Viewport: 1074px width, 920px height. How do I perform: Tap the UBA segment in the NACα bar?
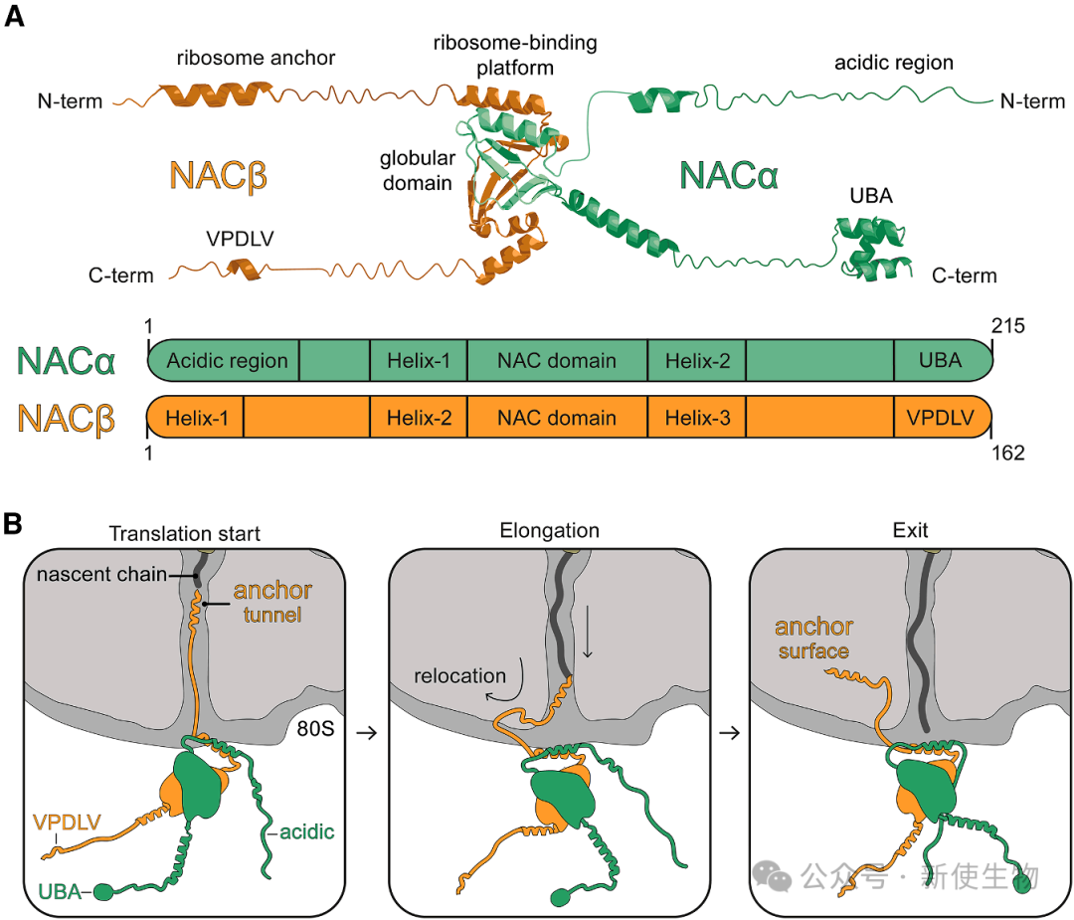(x=941, y=360)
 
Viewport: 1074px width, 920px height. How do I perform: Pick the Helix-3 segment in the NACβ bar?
(x=697, y=419)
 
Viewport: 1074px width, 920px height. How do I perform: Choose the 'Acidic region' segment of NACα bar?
(x=227, y=360)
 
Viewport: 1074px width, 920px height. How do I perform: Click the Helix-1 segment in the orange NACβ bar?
(x=198, y=419)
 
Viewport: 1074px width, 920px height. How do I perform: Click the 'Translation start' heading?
(x=184, y=534)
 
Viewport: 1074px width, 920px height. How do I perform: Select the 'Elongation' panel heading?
(x=549, y=531)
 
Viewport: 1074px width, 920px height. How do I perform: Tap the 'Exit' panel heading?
(x=910, y=531)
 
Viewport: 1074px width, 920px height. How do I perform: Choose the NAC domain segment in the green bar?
(x=557, y=360)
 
